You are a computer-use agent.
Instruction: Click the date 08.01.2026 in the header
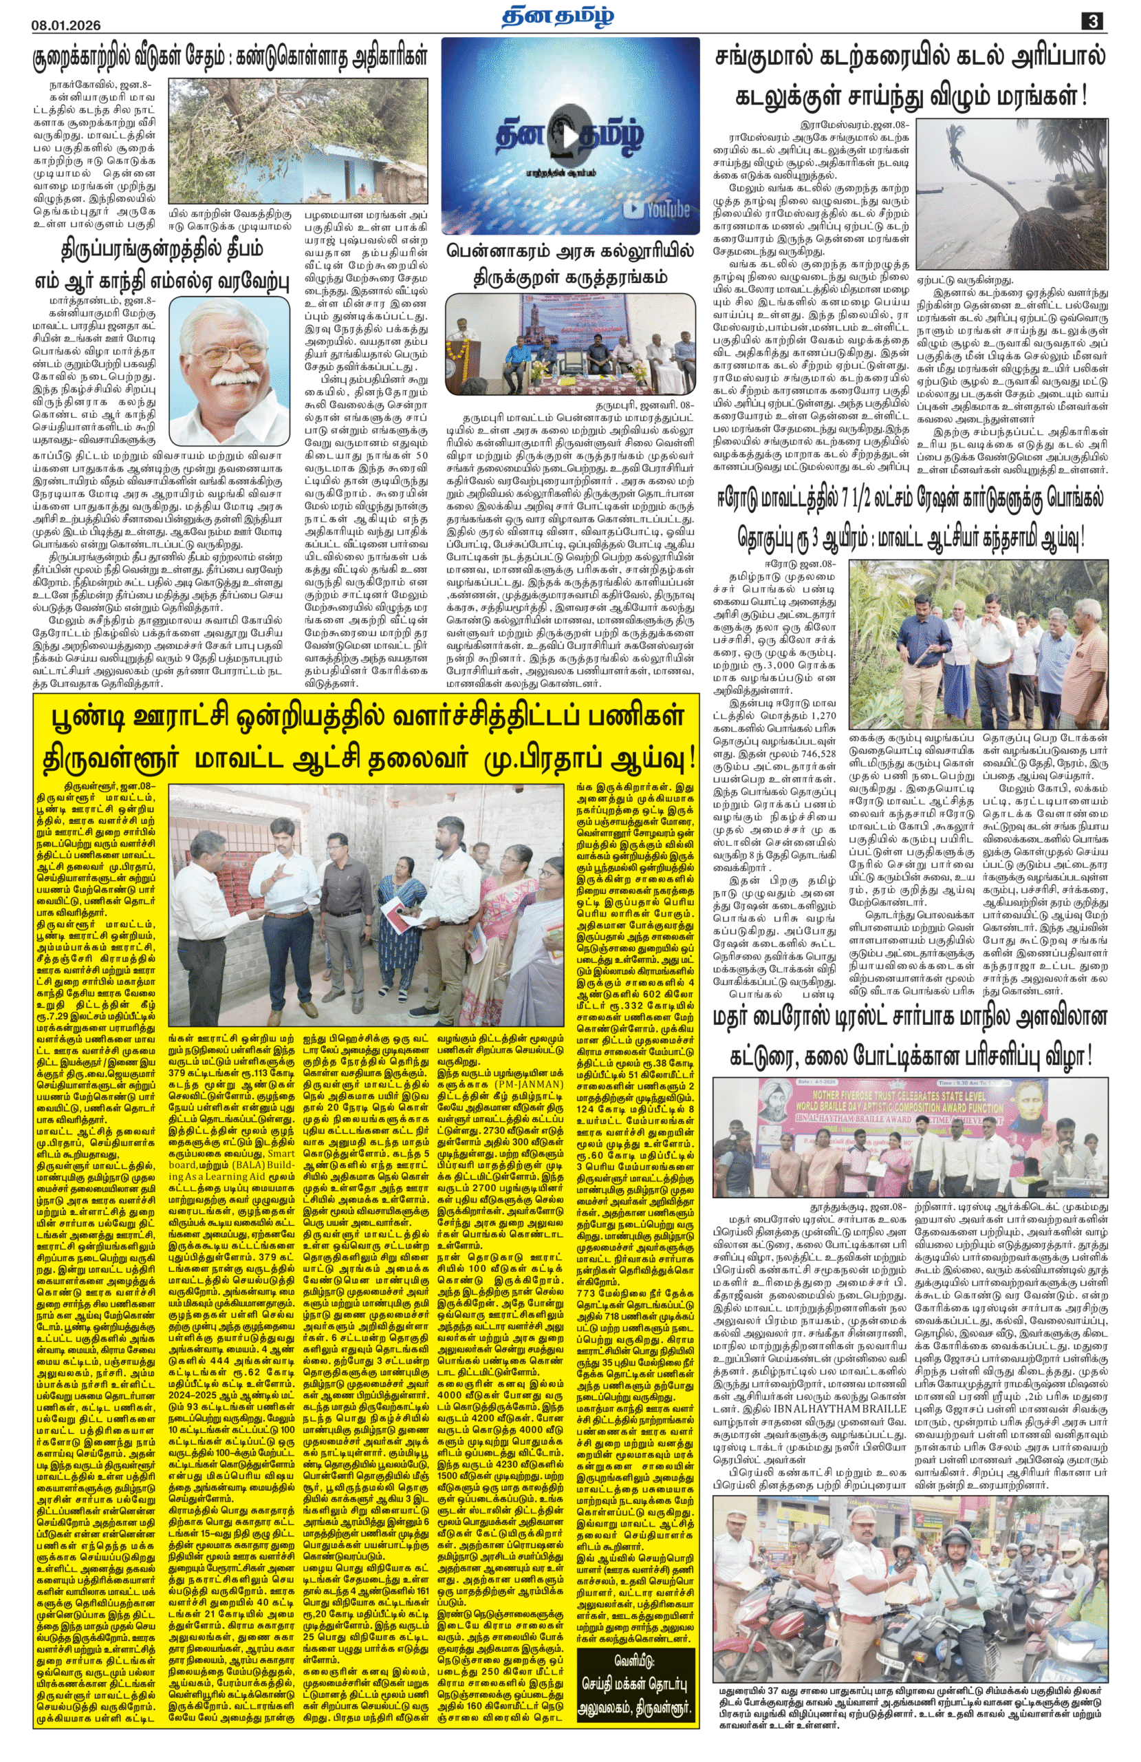tap(66, 24)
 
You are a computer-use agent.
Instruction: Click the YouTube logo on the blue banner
tap(656, 209)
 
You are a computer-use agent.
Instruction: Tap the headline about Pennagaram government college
tap(569, 264)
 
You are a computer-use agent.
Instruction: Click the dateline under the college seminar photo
tap(644, 405)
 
